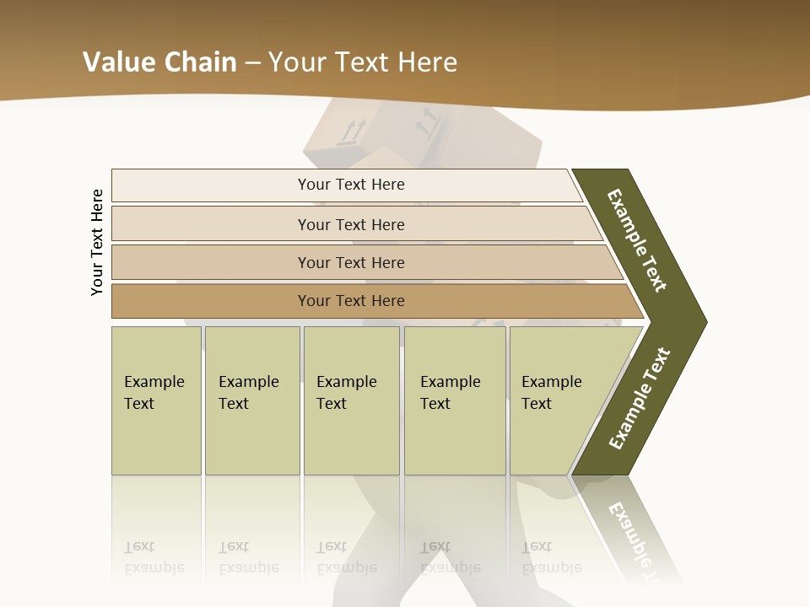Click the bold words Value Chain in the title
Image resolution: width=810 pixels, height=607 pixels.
(x=159, y=62)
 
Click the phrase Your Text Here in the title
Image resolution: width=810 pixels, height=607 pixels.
(x=363, y=62)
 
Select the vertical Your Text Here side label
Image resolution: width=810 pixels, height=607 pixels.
(x=97, y=242)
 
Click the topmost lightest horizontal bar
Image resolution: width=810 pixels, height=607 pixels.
(x=351, y=185)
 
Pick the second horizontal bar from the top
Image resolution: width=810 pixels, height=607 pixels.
(x=351, y=224)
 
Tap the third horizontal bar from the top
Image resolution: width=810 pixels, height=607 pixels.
(x=351, y=262)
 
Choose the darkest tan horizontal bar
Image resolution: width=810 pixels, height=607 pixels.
(x=351, y=301)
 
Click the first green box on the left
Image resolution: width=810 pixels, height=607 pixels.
(x=156, y=400)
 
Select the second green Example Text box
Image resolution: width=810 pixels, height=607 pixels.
(x=251, y=400)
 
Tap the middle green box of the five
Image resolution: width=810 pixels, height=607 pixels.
(x=351, y=400)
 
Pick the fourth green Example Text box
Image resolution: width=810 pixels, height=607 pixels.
(x=454, y=400)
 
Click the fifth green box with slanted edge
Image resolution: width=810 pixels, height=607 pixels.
(x=561, y=400)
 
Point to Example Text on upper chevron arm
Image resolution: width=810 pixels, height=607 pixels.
(x=637, y=240)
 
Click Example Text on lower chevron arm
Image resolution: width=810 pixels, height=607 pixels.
(x=640, y=399)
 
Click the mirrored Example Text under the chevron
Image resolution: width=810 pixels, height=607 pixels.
(x=635, y=540)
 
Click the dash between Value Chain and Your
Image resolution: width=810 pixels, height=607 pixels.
(x=252, y=63)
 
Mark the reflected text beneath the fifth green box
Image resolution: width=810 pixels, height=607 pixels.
(x=551, y=557)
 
